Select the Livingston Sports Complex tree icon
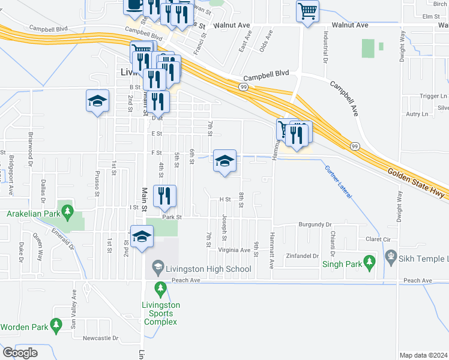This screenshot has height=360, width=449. point(160,289)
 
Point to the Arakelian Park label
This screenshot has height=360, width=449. point(35,214)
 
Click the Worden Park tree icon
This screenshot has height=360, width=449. point(56,326)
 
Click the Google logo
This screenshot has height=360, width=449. point(20,352)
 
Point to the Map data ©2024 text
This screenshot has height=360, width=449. point(424,355)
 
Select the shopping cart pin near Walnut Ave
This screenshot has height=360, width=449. point(307,11)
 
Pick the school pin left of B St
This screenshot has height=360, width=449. point(97,101)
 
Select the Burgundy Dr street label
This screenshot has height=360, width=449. point(315,224)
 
